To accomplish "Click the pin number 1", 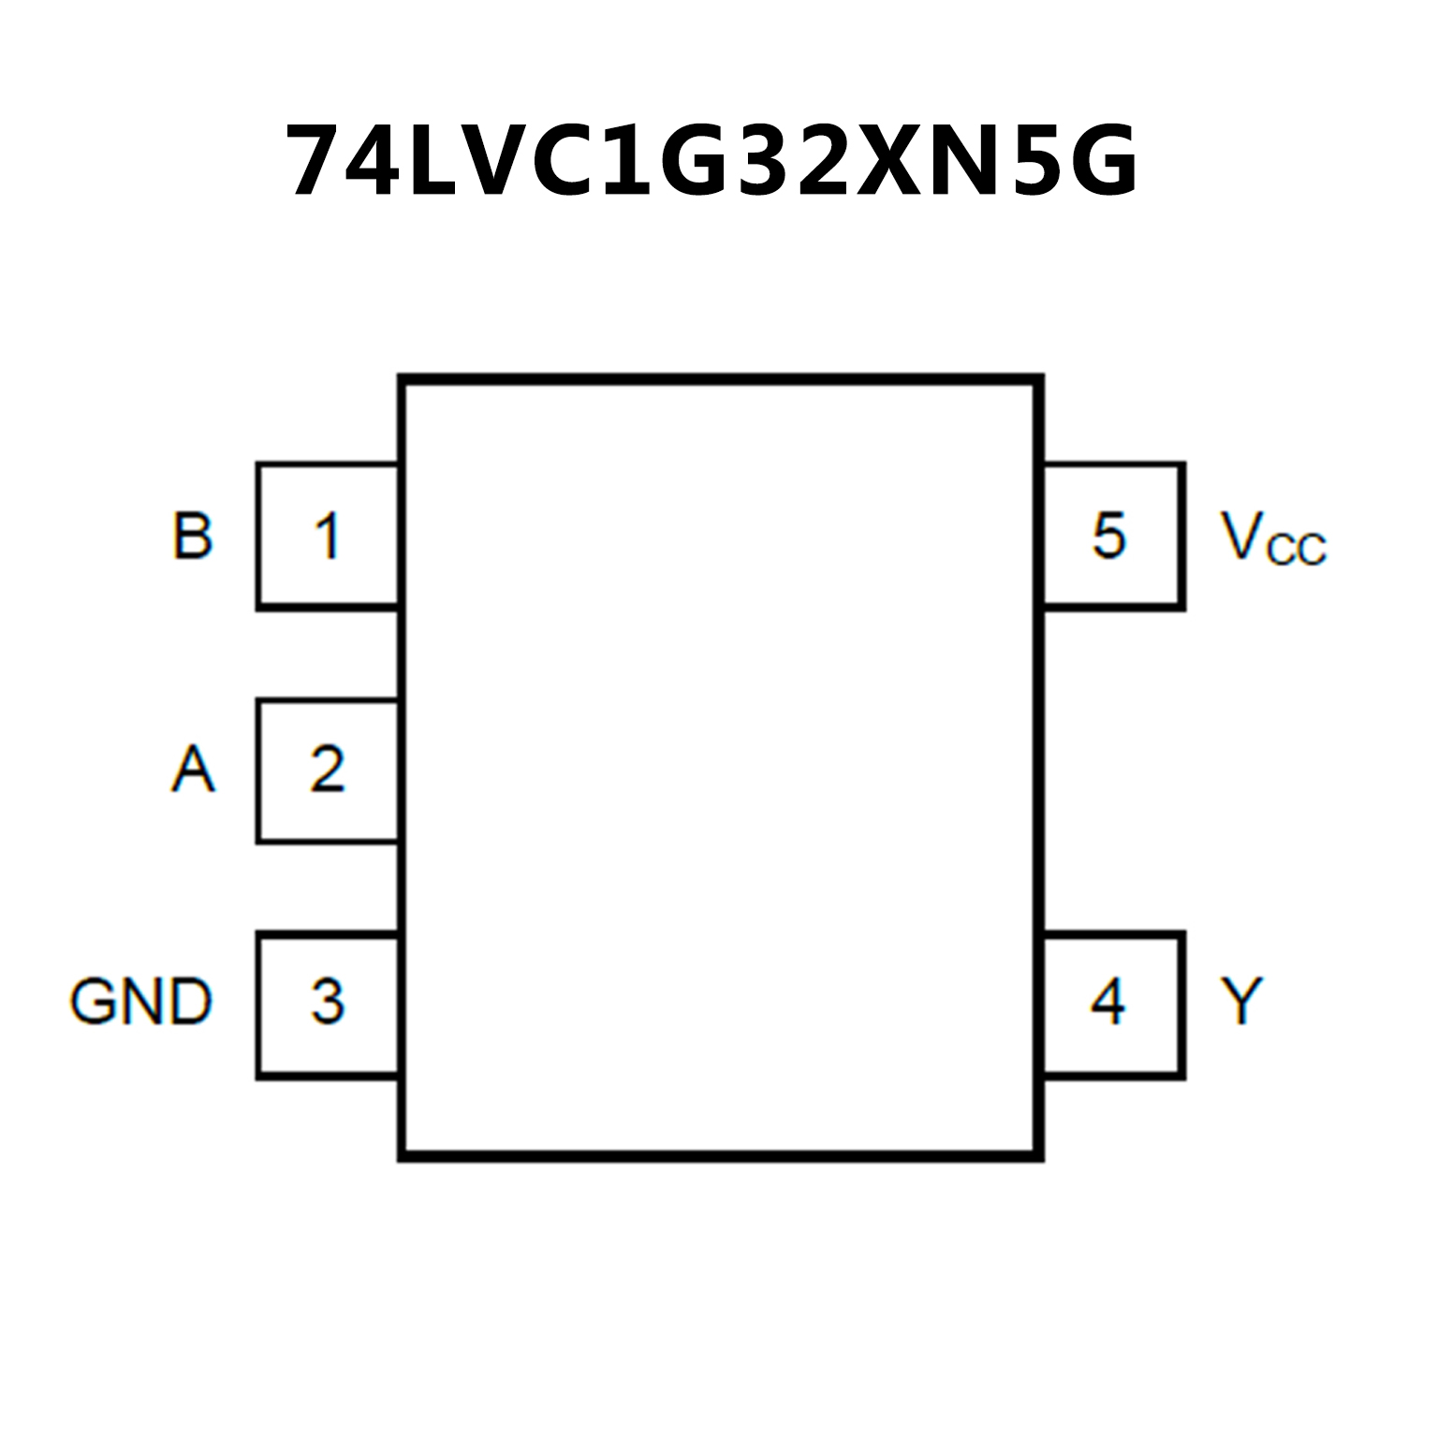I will click(x=327, y=536).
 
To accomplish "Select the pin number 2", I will click(x=327, y=770).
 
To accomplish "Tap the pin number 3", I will click(x=327, y=1002).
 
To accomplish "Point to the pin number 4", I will click(x=1108, y=1002).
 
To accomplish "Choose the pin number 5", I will click(x=1108, y=536).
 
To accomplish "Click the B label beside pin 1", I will click(x=193, y=536).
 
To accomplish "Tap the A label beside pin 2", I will click(x=193, y=770).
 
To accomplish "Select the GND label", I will click(x=140, y=1002).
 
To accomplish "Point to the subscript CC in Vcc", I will click(x=1296, y=550).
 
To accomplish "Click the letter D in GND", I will click(x=189, y=1002).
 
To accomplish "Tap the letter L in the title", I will click(x=438, y=161).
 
